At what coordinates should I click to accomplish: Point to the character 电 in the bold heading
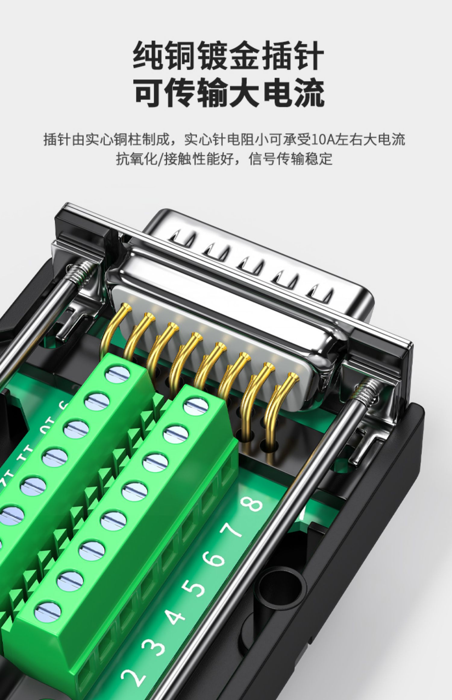276,91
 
